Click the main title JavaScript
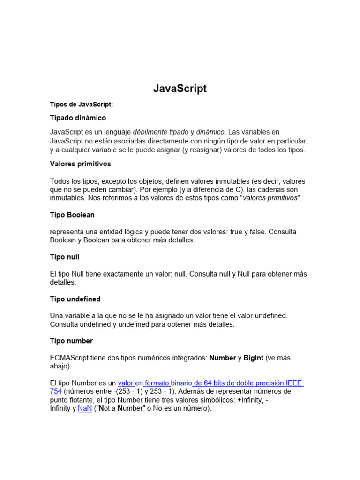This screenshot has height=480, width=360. tap(180, 89)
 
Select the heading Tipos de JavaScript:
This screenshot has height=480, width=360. tap(82, 105)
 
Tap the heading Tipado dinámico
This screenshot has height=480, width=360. tap(78, 118)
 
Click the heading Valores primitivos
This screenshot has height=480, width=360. tap(80, 164)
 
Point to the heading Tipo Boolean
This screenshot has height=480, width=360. tap(72, 215)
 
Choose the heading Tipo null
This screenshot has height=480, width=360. tap(65, 257)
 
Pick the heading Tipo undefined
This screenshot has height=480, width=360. tap(75, 299)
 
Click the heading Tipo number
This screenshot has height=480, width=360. tap(71, 341)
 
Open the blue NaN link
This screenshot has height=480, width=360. tap(85, 408)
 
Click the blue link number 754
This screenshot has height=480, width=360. tap(56, 391)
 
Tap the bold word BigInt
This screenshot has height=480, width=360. tap(254, 358)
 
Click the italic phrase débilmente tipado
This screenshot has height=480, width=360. tap(161, 132)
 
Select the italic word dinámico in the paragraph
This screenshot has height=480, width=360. tap(210, 132)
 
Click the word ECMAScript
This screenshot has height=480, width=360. tap(72, 358)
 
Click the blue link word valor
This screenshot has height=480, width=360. tap(126, 383)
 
